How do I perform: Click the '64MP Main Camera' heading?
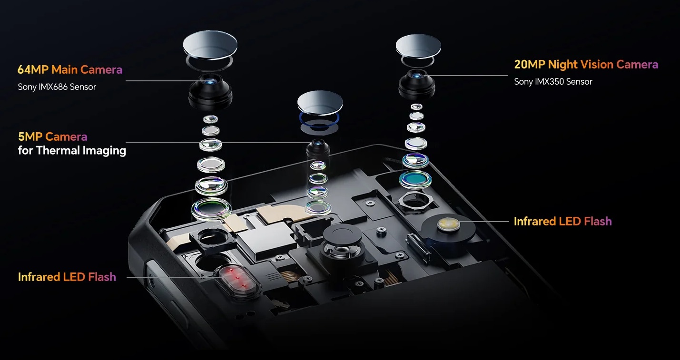70,70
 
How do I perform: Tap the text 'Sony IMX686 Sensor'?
57,87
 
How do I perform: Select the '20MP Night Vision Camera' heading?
586,65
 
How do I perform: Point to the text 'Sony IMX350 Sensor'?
553,82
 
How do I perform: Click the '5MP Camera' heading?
52,137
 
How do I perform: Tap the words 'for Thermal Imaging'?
72,150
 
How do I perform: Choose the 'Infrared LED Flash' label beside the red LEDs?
67,277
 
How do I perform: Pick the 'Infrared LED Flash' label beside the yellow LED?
562,222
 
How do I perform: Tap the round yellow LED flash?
448,224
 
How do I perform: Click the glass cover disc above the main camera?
210,44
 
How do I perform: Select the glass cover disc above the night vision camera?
418,46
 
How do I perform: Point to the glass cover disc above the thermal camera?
320,103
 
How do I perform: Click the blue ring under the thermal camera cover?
319,121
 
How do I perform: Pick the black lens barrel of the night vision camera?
417,83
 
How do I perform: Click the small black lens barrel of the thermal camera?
318,148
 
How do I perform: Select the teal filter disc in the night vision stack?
415,179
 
